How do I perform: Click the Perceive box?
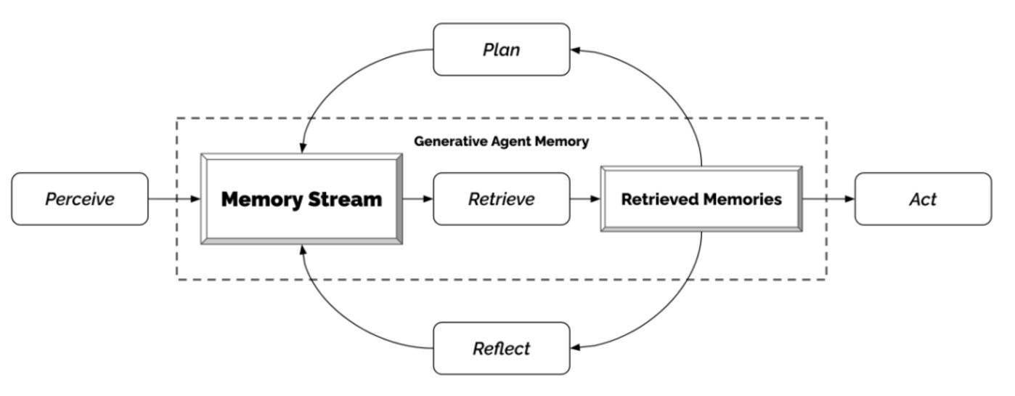click(80, 198)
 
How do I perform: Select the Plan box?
click(502, 49)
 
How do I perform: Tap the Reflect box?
click(502, 348)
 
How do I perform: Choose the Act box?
click(923, 198)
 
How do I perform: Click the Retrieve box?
click(502, 198)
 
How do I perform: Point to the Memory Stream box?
click(302, 198)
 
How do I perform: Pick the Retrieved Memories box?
click(701, 198)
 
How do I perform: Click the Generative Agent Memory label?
click(501, 142)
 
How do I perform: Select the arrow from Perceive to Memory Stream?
click(174, 198)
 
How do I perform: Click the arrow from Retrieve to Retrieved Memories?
click(585, 198)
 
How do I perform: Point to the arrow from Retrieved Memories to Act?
click(828, 198)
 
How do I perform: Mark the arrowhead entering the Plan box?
click(576, 50)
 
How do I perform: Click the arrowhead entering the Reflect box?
click(576, 348)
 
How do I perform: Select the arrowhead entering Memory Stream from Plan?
click(303, 148)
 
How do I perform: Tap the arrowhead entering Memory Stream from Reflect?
click(303, 250)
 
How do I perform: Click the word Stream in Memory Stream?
click(345, 199)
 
